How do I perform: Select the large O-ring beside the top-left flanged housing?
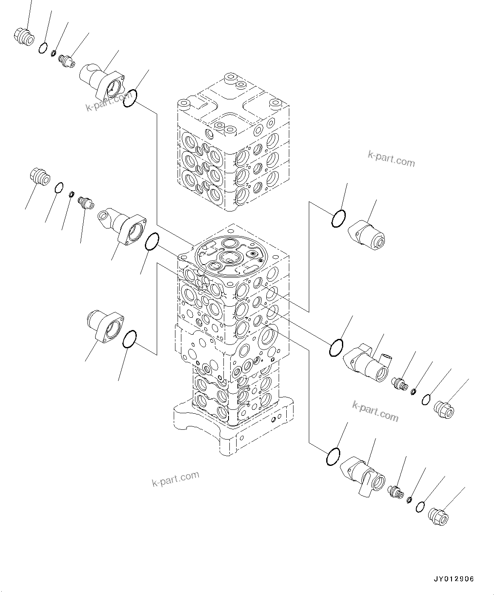tap(130, 99)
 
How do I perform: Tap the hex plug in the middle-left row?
tap(40, 176)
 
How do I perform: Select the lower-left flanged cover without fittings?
tap(104, 324)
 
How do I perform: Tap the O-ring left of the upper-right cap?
tap(339, 218)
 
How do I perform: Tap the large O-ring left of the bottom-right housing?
tap(333, 457)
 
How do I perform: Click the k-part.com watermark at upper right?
tap(391, 160)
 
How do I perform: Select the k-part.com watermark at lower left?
tap(175, 479)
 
